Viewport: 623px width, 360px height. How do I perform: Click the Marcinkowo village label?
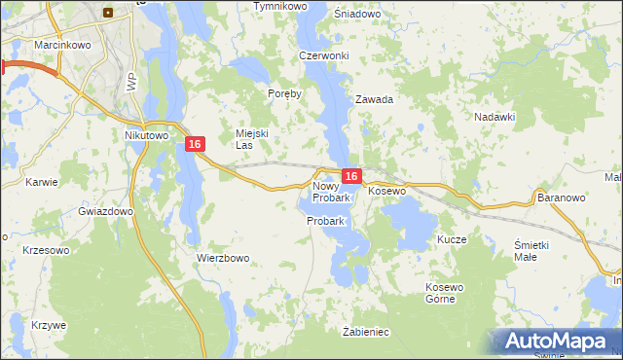(x=34, y=45)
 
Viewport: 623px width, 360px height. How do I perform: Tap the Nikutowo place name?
(x=147, y=136)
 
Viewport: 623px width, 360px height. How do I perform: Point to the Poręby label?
(x=285, y=94)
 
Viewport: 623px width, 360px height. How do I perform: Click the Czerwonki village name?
(x=324, y=55)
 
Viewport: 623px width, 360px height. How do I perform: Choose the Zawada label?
(x=374, y=99)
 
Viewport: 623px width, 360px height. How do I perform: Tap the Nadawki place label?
(x=495, y=117)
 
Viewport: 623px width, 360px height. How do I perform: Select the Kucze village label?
(x=453, y=239)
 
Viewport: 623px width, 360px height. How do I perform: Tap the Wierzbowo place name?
(x=224, y=258)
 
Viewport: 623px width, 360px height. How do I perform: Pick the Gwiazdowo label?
(x=106, y=211)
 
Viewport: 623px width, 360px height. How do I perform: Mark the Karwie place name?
(x=43, y=182)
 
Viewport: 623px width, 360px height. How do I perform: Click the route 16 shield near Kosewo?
(x=352, y=176)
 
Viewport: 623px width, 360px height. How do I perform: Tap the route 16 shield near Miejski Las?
(x=196, y=144)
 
